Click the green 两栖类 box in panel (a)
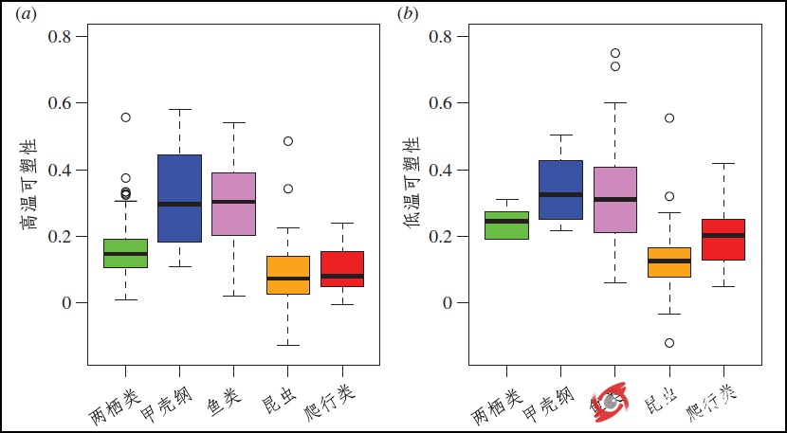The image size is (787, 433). (x=125, y=253)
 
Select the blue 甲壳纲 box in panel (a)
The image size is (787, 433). (x=178, y=198)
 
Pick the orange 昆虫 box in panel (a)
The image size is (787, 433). (x=287, y=275)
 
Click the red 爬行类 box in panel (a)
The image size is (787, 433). (x=341, y=268)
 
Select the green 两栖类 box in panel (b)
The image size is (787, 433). (x=505, y=225)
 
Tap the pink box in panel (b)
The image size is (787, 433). (x=614, y=199)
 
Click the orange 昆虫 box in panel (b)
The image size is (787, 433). (x=669, y=262)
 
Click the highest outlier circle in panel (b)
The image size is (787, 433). (x=615, y=53)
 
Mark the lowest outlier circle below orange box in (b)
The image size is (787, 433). (x=669, y=343)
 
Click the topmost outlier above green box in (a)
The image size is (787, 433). (x=125, y=117)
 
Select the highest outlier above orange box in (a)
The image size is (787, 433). (x=287, y=141)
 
